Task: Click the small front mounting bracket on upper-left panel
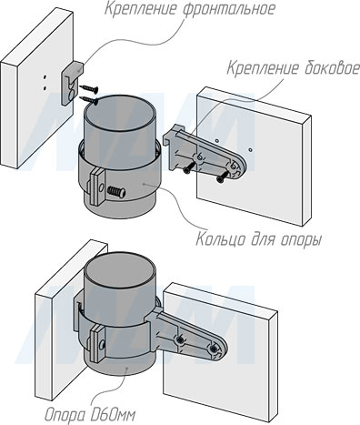(x=68, y=84)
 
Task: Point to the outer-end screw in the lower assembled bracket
(x=215, y=349)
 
